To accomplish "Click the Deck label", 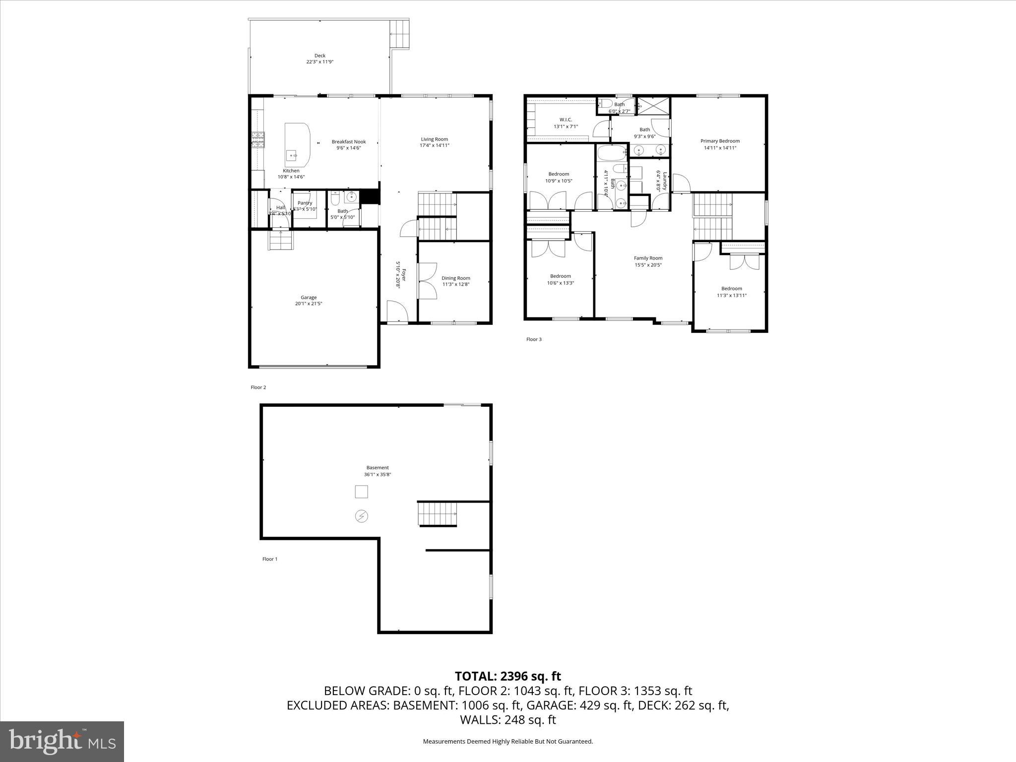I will [x=320, y=56].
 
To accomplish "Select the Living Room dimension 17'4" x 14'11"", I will [x=434, y=146].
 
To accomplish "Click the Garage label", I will [x=309, y=298].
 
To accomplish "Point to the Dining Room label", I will [x=455, y=278].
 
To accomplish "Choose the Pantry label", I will [x=305, y=203].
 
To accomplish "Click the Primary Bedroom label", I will [x=719, y=141].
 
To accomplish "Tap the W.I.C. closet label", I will [x=566, y=120].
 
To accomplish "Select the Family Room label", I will [x=648, y=258].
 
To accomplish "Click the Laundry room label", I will [x=665, y=181].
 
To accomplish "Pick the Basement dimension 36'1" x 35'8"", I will [x=378, y=474].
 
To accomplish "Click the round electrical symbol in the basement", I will [x=362, y=516].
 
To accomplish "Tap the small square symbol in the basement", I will [x=361, y=492].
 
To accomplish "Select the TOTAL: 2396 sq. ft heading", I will [x=508, y=676].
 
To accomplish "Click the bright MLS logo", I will [x=62, y=741].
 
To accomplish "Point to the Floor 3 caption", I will [x=534, y=339].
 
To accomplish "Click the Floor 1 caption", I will [x=270, y=559].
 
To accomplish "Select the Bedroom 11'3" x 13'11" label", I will [x=731, y=289].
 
